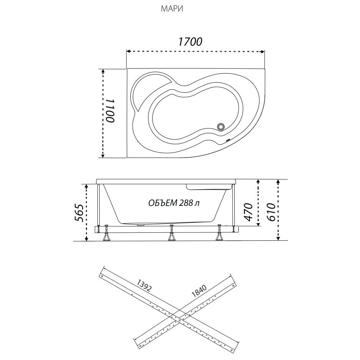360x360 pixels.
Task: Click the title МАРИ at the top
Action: click(x=172, y=9)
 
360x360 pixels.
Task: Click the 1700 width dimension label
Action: click(x=190, y=42)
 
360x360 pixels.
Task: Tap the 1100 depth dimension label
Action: click(x=110, y=111)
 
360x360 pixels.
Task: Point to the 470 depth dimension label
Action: click(x=248, y=212)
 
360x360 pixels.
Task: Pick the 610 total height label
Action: click(x=271, y=212)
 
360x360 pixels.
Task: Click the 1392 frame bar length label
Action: click(x=144, y=285)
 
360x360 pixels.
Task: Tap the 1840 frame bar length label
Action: click(x=199, y=291)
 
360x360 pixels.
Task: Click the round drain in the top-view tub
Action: click(x=221, y=127)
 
